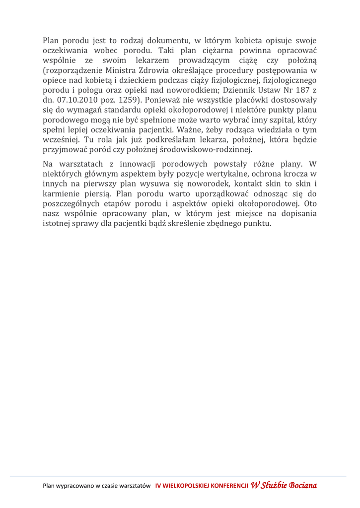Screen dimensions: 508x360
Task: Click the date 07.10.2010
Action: click(x=73, y=100)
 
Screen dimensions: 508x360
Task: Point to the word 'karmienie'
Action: click(x=61, y=194)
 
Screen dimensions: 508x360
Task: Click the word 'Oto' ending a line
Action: click(x=310, y=204)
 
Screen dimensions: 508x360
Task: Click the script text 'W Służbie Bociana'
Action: click(x=284, y=485)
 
